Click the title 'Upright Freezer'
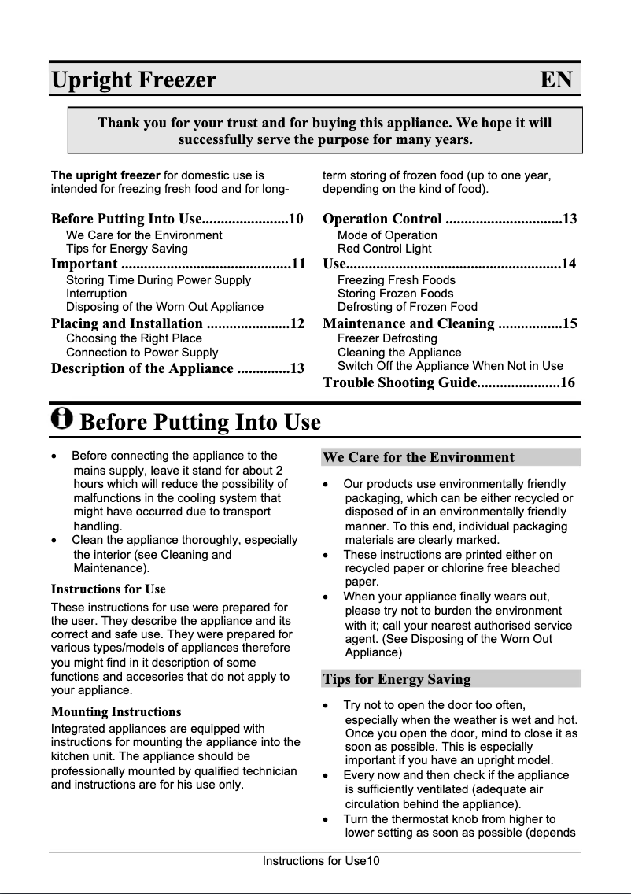(x=133, y=80)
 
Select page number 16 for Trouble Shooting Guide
(x=568, y=382)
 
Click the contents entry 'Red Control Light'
(x=384, y=249)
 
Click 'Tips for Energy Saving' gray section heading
(x=397, y=679)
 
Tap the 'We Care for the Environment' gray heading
(x=418, y=457)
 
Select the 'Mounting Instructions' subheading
(x=116, y=712)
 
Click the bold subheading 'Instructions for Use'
(x=108, y=589)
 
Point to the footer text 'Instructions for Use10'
(x=321, y=861)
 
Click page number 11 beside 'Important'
(x=298, y=264)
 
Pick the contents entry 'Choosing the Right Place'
(x=134, y=338)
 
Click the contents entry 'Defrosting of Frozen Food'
(x=407, y=307)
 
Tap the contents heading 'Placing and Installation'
(x=127, y=323)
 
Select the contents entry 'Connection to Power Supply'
(x=142, y=353)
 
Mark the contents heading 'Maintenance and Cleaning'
(x=408, y=323)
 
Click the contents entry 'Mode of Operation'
(x=387, y=235)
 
